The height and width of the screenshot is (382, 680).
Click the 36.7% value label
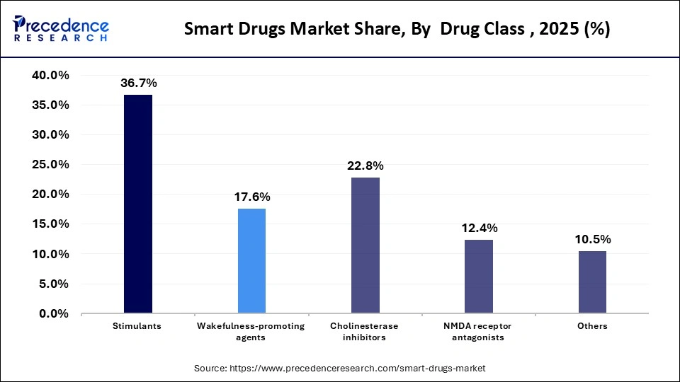coord(138,83)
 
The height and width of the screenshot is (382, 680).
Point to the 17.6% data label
coord(251,197)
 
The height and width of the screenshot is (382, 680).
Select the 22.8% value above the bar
coord(365,166)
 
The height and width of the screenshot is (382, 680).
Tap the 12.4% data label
coord(479,228)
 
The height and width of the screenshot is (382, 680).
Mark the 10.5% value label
coord(592,239)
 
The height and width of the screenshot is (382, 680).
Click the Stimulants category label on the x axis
coord(138,326)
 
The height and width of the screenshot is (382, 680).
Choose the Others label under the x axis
coord(592,326)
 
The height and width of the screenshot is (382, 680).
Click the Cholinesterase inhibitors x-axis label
coord(365,332)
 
